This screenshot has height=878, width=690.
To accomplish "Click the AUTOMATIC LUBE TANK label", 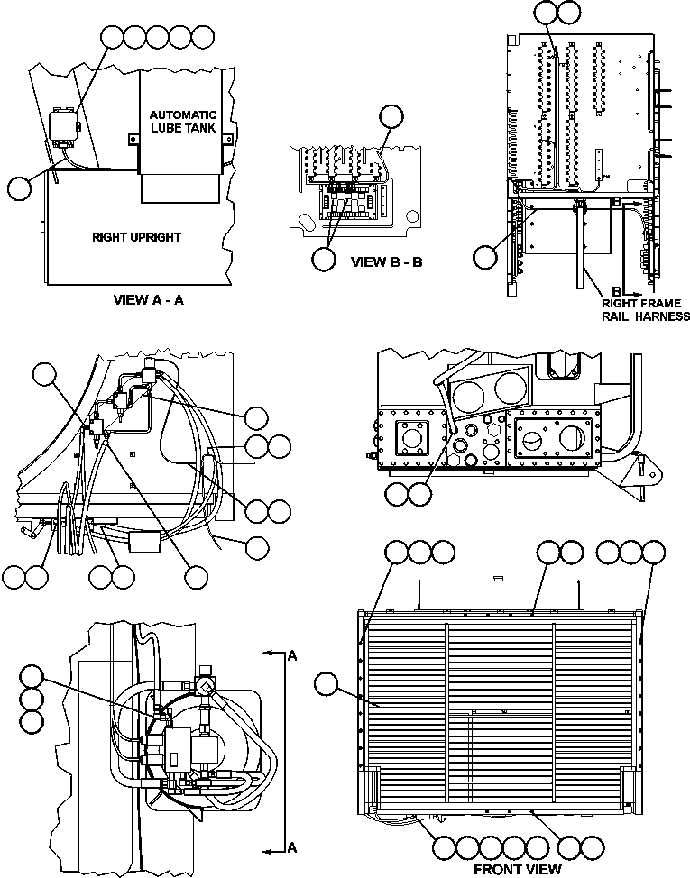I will point(182,127).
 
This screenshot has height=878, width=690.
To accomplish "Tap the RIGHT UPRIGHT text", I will point(136,238).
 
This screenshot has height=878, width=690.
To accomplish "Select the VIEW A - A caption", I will point(149,300).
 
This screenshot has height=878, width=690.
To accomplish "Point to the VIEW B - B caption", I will point(386,262).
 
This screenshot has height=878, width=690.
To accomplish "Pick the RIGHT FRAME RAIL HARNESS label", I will point(646,309).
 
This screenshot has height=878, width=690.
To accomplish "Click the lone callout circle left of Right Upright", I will point(19,187).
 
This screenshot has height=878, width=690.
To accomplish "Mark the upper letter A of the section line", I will point(292,657).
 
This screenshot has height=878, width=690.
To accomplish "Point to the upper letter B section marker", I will point(616,203).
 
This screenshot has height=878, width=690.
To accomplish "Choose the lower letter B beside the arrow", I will point(616,291).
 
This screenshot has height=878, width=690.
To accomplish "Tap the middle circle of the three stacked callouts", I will point(32,699).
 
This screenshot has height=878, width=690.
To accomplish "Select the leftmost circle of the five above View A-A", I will point(114,37).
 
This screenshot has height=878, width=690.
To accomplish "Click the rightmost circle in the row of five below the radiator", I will point(537,847).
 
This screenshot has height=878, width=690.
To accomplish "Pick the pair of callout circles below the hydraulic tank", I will point(407,493).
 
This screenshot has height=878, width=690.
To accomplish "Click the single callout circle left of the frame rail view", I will point(484,256).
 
